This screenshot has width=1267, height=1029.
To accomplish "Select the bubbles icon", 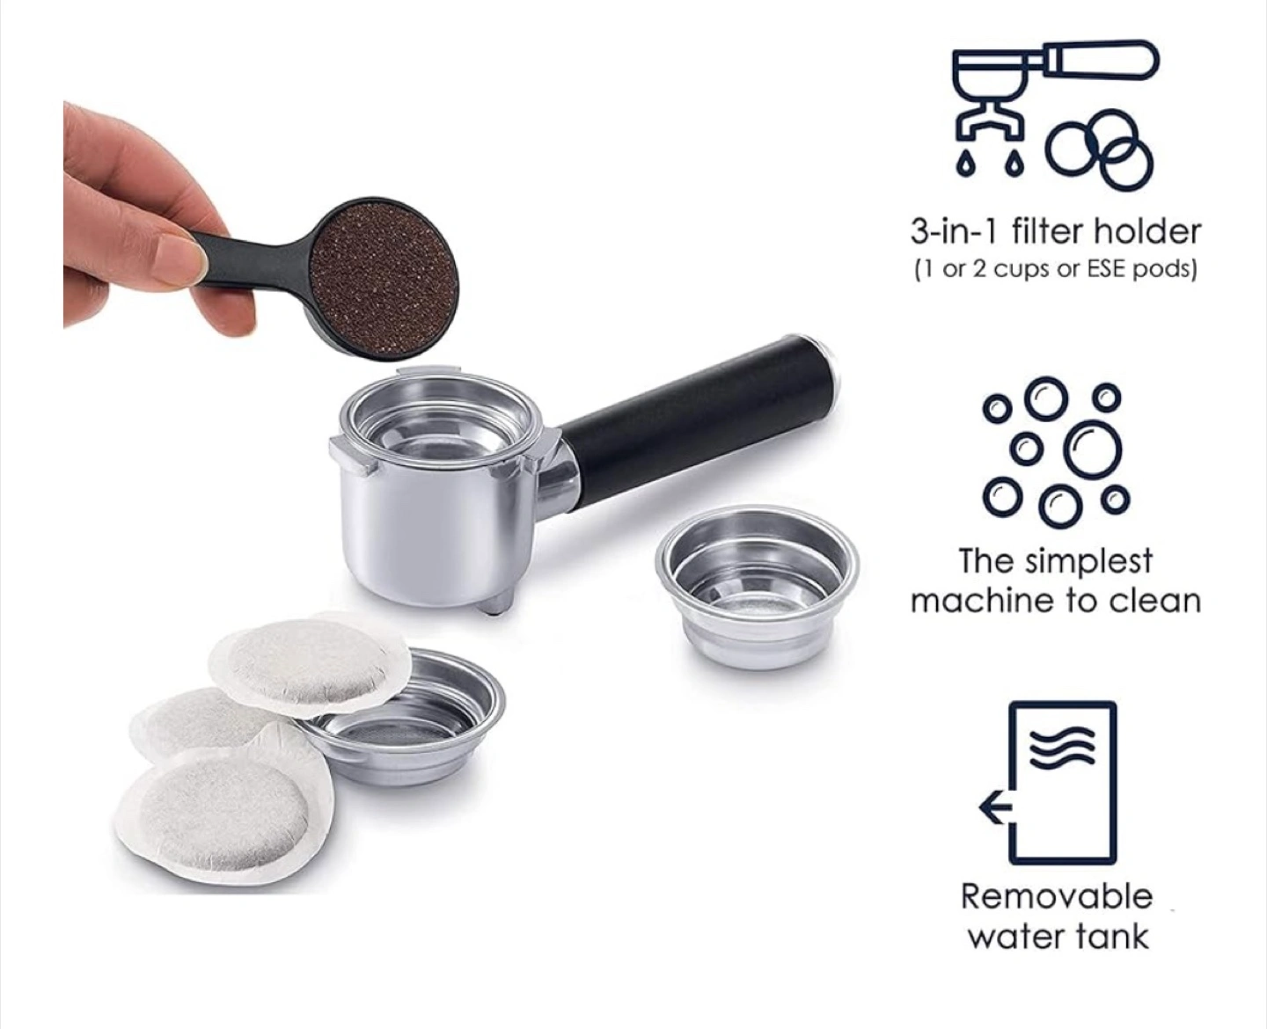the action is pyautogui.click(x=1057, y=452).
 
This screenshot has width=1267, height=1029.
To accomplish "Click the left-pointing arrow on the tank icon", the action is pyautogui.click(x=997, y=806).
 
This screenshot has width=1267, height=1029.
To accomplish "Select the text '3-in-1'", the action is pyautogui.click(x=953, y=232).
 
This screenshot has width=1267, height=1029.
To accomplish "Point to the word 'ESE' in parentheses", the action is pyautogui.click(x=1106, y=269).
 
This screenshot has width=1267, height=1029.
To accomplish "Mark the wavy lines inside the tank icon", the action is pyautogui.click(x=1062, y=746).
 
